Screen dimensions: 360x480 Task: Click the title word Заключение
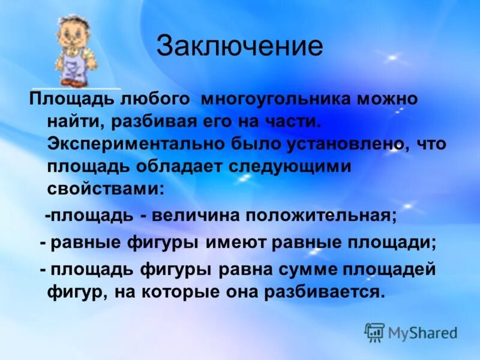tap(239, 46)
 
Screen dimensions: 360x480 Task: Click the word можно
tap(388, 99)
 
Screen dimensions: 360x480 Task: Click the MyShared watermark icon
tap(374, 331)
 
